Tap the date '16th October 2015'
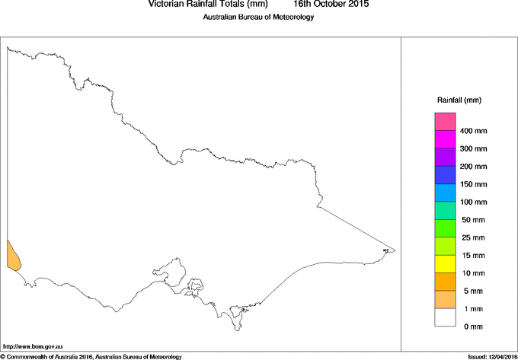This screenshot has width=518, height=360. (x=331, y=5)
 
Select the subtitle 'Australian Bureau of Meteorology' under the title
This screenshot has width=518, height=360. (x=257, y=18)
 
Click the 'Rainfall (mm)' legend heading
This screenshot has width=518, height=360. (x=459, y=100)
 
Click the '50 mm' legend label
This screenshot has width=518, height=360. (x=473, y=220)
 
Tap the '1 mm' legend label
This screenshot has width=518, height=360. (x=473, y=309)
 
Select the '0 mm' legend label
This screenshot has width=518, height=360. (x=473, y=327)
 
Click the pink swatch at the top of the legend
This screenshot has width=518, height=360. (x=445, y=122)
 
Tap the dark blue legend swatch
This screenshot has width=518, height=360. (x=445, y=175)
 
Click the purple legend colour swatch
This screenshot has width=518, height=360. (x=445, y=158)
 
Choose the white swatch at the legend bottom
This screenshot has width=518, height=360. (x=445, y=317)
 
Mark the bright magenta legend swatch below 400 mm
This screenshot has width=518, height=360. (x=445, y=139)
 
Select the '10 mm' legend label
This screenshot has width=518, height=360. (x=473, y=273)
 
